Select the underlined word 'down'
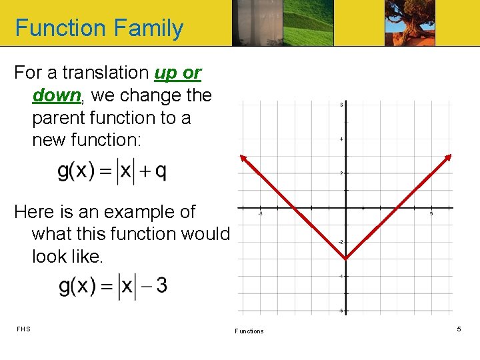[x=56, y=95]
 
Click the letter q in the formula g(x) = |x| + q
[x=161, y=171]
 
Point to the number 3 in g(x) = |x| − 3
[x=161, y=286]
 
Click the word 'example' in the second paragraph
[x=117, y=212]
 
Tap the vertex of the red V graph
[x=345, y=259]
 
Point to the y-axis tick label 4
[x=341, y=139]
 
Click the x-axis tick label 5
[x=431, y=214]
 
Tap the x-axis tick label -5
[x=260, y=214]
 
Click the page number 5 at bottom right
[x=459, y=329]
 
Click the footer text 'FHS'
[x=23, y=329]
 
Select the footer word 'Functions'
[x=249, y=331]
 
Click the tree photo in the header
[x=410, y=23]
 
